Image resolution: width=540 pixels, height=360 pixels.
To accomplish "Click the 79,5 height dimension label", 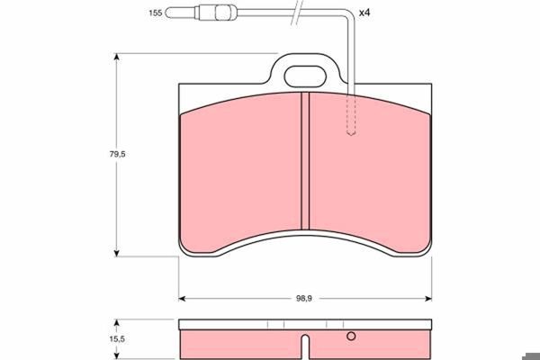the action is click(x=117, y=154).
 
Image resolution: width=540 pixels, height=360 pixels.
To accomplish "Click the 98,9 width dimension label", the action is click(x=304, y=299).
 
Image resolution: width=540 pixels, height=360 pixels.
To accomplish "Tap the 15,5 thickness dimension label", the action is click(x=117, y=339).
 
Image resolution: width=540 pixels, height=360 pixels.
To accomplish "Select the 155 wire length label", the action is click(x=156, y=13).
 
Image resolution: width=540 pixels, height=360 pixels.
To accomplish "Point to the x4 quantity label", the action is click(x=364, y=13).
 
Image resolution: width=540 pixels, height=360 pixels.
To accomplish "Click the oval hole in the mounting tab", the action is click(x=305, y=76).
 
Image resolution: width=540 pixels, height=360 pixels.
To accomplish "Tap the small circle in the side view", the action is click(x=351, y=336).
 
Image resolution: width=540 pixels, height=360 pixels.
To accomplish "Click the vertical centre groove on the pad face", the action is click(x=305, y=161).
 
